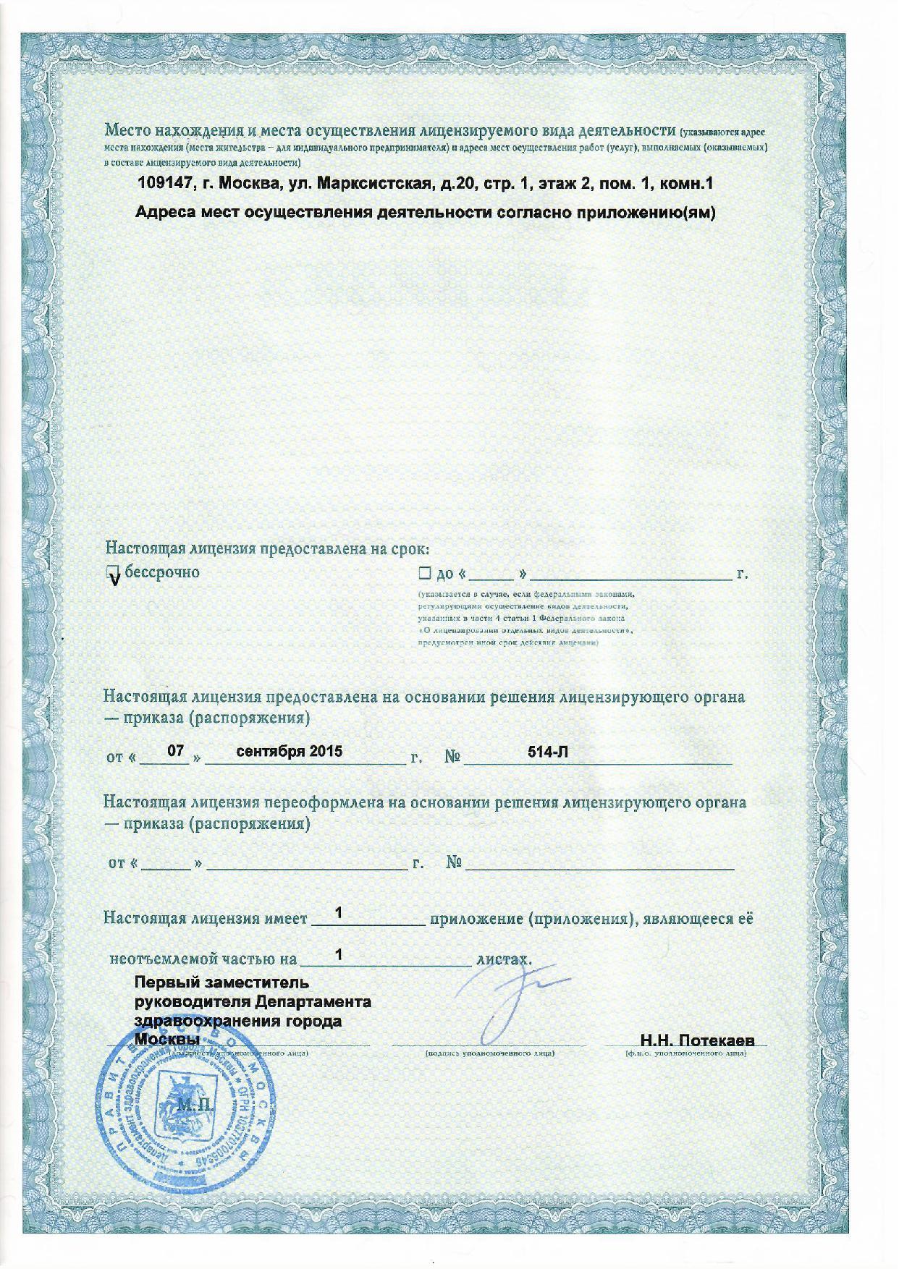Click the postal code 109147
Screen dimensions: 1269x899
[164, 184]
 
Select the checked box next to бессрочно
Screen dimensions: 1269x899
[113, 574]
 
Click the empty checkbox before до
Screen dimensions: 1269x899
[423, 574]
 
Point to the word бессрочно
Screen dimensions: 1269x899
[163, 572]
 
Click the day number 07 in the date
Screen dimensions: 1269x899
[175, 752]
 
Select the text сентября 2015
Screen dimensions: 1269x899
[290, 751]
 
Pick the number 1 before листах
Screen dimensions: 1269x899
[337, 955]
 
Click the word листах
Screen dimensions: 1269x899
[503, 959]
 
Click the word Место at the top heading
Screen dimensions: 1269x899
[127, 131]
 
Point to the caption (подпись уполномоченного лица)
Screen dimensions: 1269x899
[490, 1053]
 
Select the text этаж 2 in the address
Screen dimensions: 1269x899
[566, 184]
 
